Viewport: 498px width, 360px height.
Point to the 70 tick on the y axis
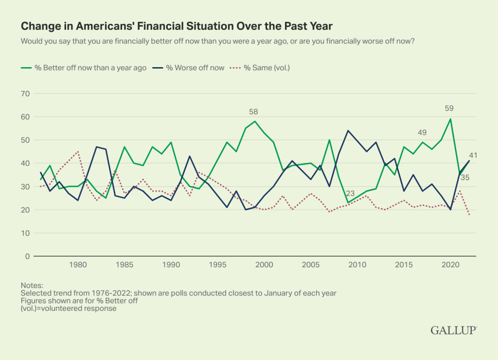pyautogui.click(x=25, y=93)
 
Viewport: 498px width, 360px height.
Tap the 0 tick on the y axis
pyautogui.click(x=28, y=256)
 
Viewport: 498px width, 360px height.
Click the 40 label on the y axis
pyautogui.click(x=25, y=163)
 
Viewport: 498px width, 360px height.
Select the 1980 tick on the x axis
pyautogui.click(x=78, y=265)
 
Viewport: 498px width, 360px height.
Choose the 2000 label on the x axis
pyautogui.click(x=264, y=265)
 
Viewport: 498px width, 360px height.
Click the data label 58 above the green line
pyautogui.click(x=254, y=112)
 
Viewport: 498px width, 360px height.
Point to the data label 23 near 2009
pyautogui.click(x=350, y=194)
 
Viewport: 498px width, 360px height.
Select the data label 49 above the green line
pyautogui.click(x=423, y=132)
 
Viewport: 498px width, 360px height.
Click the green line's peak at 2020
pyautogui.click(x=450, y=119)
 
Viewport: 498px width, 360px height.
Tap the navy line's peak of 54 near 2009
pyautogui.click(x=348, y=130)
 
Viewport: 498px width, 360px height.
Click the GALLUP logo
pyautogui.click(x=453, y=330)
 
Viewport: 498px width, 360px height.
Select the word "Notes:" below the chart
pyautogui.click(x=32, y=285)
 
